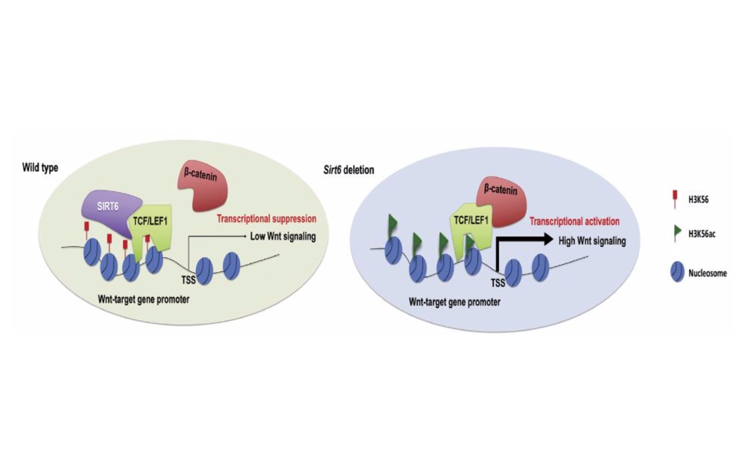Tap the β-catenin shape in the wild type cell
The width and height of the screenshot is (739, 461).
[x=203, y=185]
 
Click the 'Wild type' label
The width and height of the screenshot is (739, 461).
[x=40, y=168]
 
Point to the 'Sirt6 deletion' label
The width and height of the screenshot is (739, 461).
[x=349, y=170]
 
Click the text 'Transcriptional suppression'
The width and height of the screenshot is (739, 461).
[x=267, y=219]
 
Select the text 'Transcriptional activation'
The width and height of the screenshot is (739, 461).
[x=574, y=221]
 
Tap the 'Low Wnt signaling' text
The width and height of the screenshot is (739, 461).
[x=283, y=236]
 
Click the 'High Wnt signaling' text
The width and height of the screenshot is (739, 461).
[x=592, y=240]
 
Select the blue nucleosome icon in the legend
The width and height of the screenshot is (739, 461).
[x=677, y=272]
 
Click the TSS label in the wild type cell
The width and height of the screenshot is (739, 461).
[x=188, y=280]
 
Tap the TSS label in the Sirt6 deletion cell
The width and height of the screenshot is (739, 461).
[x=498, y=282]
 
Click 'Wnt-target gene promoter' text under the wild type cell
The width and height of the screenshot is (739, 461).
[x=143, y=299]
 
